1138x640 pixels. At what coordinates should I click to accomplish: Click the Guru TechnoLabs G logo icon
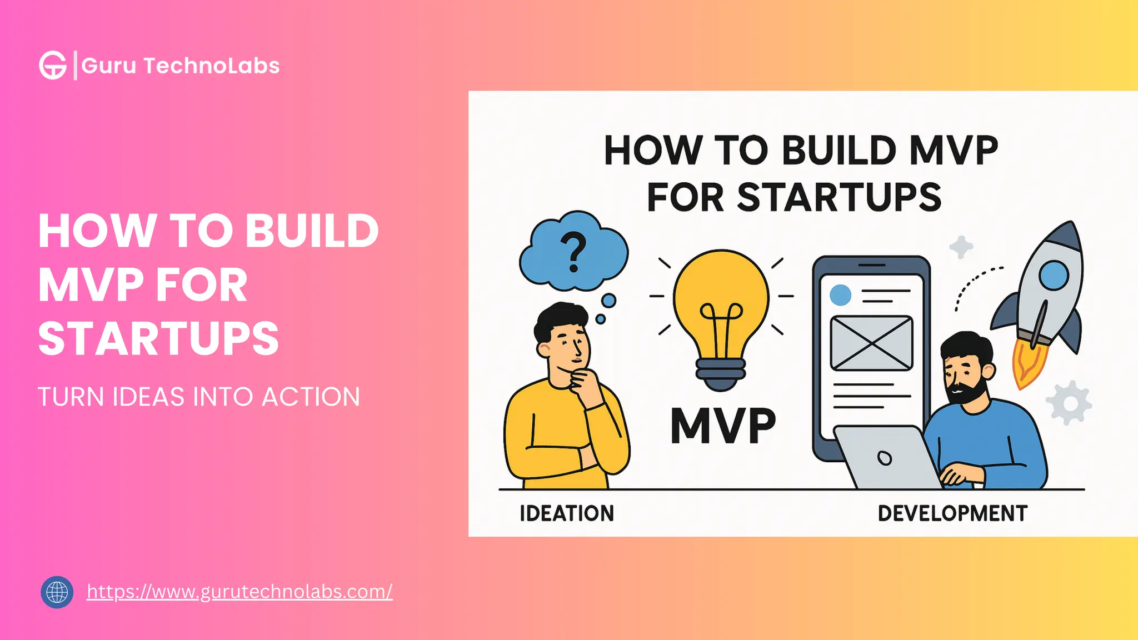coord(53,66)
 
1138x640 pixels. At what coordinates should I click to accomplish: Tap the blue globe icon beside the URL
coord(57,592)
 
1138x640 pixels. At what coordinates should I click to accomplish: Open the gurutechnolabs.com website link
coord(239,592)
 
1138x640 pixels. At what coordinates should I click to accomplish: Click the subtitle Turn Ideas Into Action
coord(199,397)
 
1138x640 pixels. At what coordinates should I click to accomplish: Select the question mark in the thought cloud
coord(573,252)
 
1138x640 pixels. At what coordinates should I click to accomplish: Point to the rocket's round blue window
coord(1054,276)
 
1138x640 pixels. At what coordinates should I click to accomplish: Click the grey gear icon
coord(1069,403)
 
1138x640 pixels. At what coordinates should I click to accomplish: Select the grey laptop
coord(886,458)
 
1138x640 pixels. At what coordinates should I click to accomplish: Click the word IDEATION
coord(567,513)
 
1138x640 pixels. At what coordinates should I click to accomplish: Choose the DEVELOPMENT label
coord(952,513)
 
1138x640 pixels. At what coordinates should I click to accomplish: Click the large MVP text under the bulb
coord(723,426)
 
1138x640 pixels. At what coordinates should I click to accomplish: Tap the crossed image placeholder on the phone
coord(871,343)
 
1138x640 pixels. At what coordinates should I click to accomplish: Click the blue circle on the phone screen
coord(840,295)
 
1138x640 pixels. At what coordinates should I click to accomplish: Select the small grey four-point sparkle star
coord(961,247)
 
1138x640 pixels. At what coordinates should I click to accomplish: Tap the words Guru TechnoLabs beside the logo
coord(181,66)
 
